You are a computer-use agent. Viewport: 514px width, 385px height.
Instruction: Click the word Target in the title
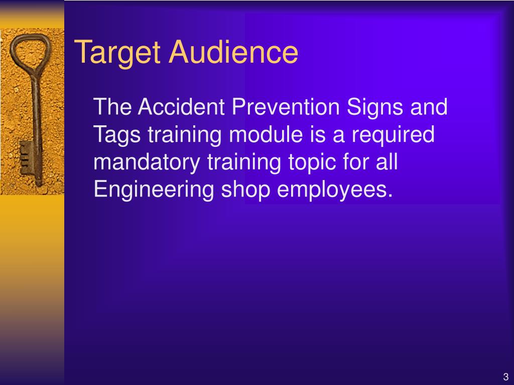[117, 52]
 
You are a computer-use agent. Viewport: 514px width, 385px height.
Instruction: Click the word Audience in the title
[233, 52]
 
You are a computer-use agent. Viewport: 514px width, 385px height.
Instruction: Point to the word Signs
[374, 108]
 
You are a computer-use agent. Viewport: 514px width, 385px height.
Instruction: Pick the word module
[266, 134]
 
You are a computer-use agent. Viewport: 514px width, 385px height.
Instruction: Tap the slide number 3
[505, 376]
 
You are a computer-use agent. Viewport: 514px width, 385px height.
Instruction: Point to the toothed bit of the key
[26, 158]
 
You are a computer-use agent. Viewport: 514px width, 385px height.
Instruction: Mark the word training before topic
[244, 163]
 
